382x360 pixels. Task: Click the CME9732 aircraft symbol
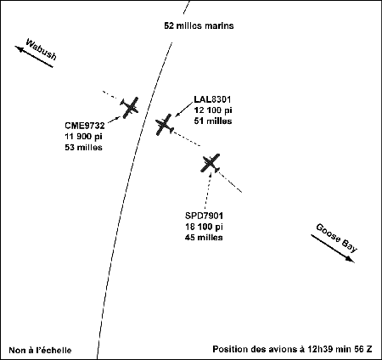click(130, 107)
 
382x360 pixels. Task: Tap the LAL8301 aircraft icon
click(165, 125)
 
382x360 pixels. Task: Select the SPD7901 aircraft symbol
click(211, 163)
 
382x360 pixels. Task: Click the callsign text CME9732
click(85, 126)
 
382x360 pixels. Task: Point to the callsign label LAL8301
click(212, 99)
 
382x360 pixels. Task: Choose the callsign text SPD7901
click(204, 216)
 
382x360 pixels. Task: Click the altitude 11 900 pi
click(83, 137)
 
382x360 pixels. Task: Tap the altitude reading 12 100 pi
click(213, 110)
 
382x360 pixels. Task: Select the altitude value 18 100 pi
click(204, 227)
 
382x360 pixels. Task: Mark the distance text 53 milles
click(83, 147)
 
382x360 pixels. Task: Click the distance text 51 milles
click(213, 121)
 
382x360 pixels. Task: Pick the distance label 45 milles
click(204, 237)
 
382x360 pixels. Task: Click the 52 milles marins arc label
click(199, 25)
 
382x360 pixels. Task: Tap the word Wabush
click(42, 49)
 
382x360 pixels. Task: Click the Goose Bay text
click(337, 238)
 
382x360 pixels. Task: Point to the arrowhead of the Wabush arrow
click(19, 48)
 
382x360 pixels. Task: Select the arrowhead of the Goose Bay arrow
click(351, 259)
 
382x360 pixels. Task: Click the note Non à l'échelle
click(40, 350)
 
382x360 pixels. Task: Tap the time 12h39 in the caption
click(317, 349)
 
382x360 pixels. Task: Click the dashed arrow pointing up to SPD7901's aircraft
click(208, 188)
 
